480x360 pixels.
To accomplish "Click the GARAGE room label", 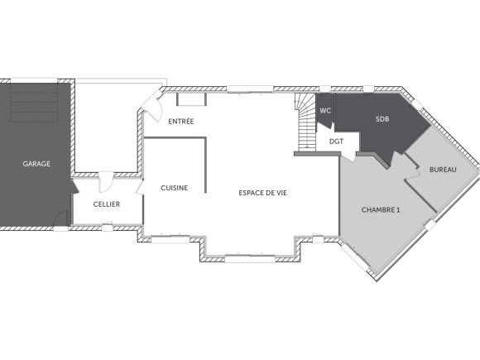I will coord(36,164).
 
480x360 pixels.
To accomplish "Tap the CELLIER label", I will coord(107,204).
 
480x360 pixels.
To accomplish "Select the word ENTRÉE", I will coord(181,122).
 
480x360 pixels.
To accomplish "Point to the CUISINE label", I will coord(174,188).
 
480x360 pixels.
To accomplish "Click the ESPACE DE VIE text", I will coord(262,193).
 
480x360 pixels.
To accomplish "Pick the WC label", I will coord(325,111).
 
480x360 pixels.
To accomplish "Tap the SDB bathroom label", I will coord(382,119).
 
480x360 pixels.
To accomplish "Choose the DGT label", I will coord(336,142).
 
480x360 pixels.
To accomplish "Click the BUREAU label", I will coord(443,170).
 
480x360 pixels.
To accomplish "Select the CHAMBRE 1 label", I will coord(381,210).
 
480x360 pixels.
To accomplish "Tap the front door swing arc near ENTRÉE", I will coord(151,103).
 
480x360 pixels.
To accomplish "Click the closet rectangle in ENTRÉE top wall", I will coord(192,99).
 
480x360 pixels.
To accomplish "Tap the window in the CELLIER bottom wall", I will coord(107,224).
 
